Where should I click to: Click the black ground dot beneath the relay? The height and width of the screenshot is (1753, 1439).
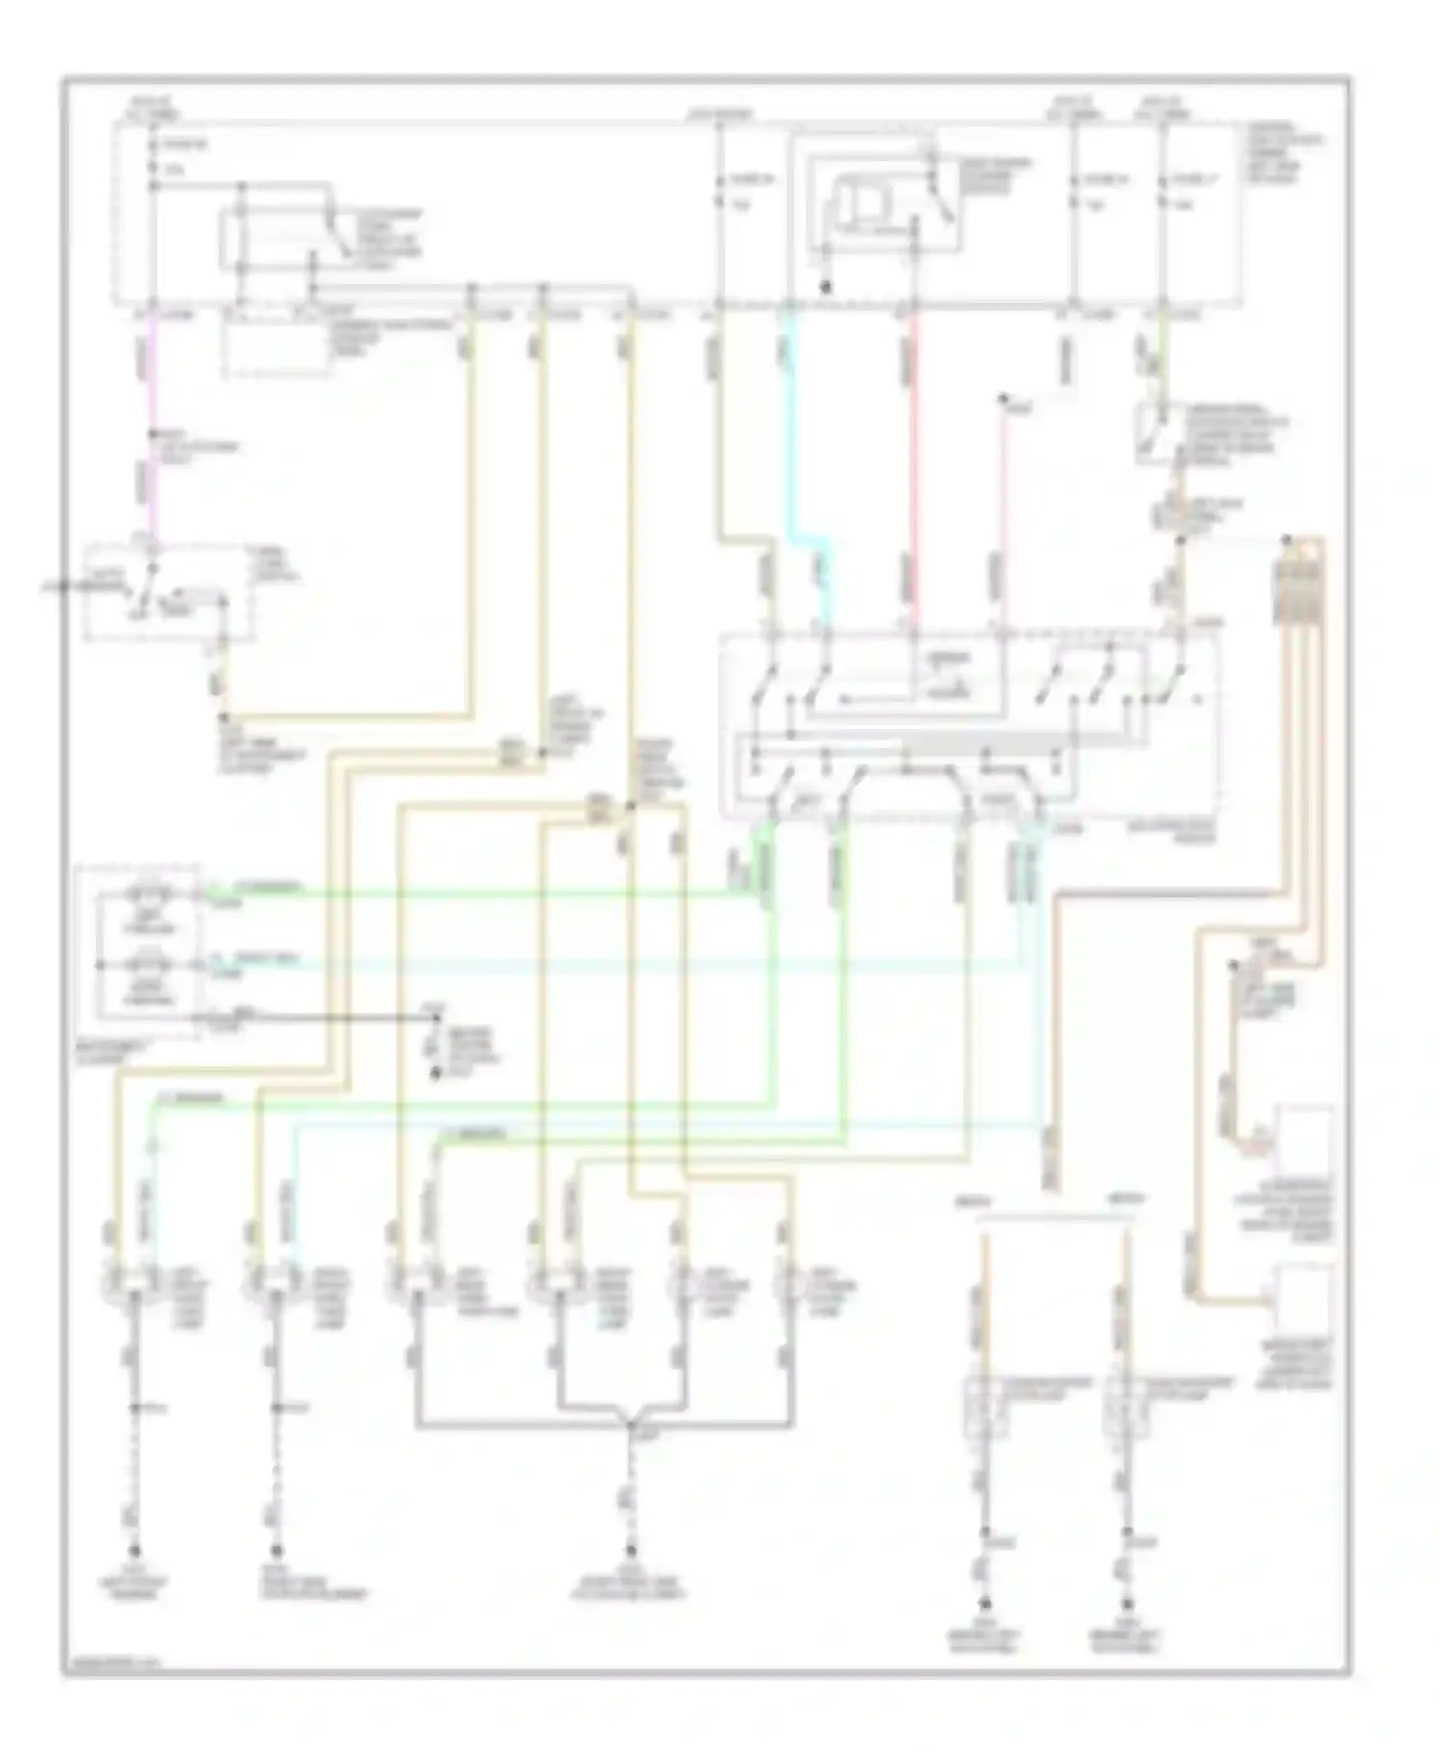coord(824,286)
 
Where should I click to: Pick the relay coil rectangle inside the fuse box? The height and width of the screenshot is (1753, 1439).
coord(861,205)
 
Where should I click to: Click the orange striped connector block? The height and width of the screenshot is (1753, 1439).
coord(1297,585)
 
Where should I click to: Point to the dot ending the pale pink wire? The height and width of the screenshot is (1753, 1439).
coord(1003,398)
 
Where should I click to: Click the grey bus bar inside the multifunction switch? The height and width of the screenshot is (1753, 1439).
coord(979,743)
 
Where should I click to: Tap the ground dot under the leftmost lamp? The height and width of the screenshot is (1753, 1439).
coord(133,1551)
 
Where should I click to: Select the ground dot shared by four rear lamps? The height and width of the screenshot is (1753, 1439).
coord(630,1551)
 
